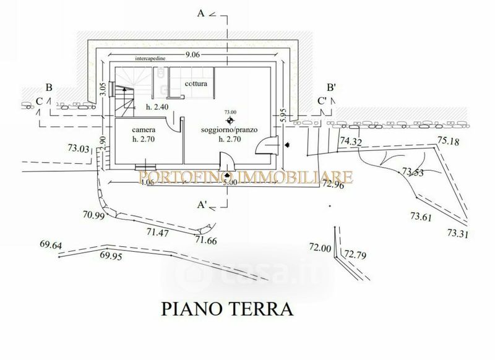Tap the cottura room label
tap(195, 83)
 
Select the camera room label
tap(143, 131)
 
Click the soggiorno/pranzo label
tap(228, 131)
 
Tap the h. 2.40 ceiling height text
tap(157, 108)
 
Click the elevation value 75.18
tap(449, 142)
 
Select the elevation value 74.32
tap(351, 142)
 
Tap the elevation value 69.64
tap(51, 245)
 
